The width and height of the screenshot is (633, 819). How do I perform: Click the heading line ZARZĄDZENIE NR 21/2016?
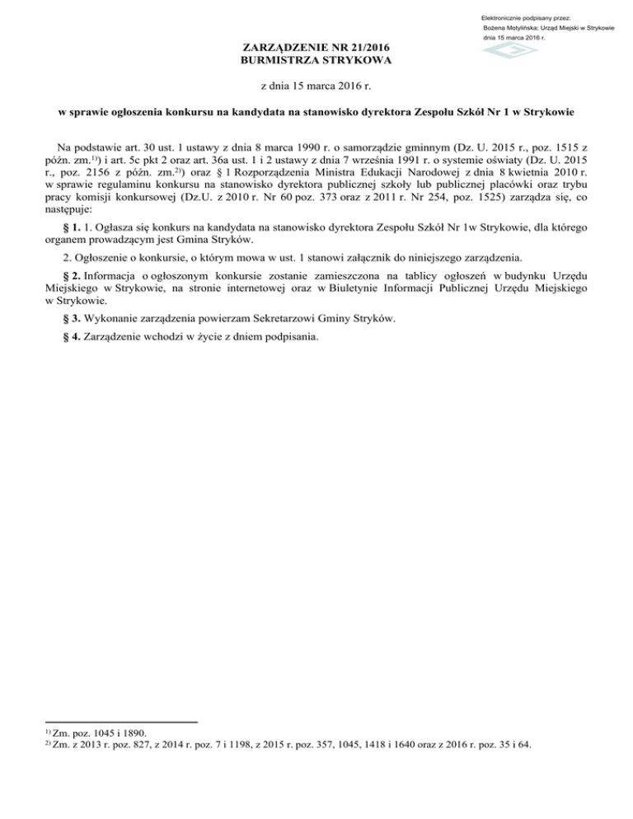(316, 48)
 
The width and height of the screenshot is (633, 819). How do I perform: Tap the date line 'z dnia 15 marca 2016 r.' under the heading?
(316, 86)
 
